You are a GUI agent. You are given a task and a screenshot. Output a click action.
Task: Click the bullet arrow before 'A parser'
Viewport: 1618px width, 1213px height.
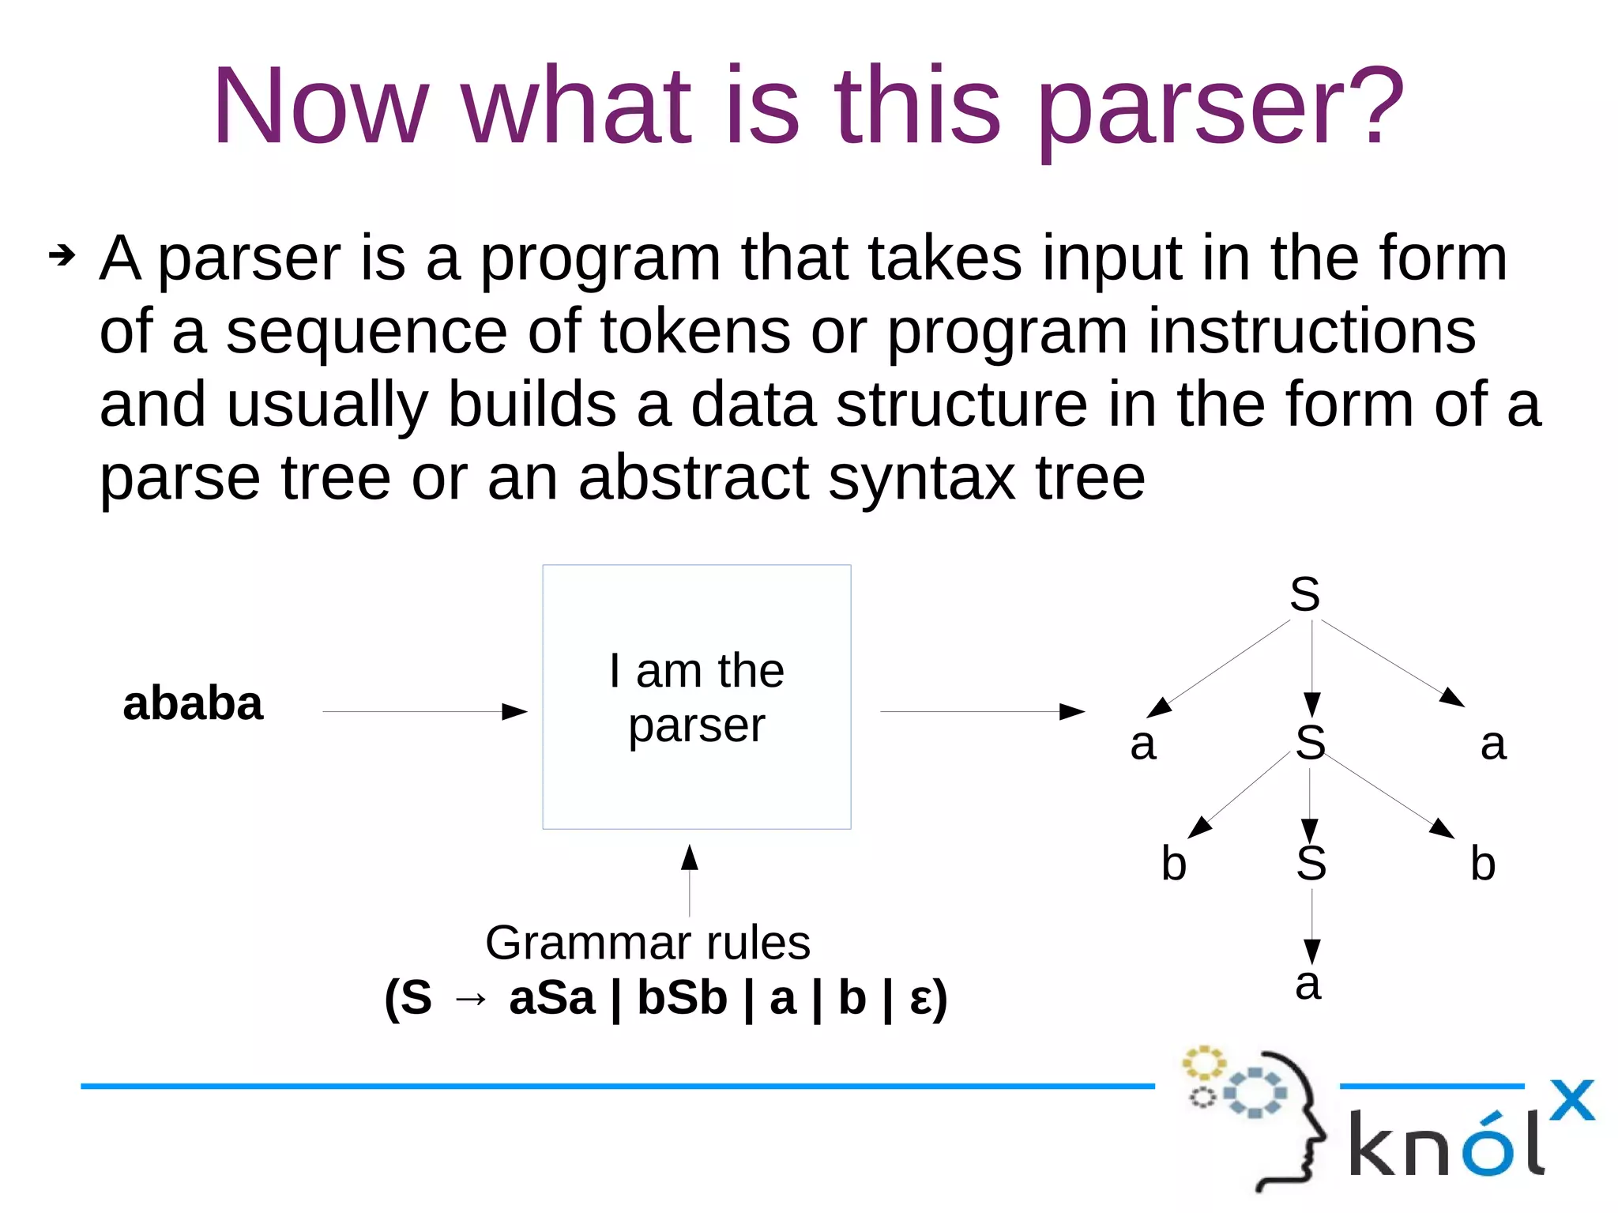(62, 255)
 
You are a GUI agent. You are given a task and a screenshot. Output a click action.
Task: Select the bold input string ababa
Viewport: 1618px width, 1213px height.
(192, 703)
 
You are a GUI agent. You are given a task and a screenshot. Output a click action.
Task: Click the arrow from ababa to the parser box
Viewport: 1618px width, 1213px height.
(425, 711)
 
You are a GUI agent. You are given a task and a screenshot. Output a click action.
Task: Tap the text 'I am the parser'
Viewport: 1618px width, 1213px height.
(696, 697)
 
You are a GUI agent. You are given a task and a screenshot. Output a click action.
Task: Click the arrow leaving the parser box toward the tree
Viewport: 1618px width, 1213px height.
(982, 711)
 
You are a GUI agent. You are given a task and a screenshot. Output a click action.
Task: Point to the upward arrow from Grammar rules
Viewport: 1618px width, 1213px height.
(690, 879)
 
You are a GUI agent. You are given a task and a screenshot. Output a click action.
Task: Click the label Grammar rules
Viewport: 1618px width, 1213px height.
(648, 942)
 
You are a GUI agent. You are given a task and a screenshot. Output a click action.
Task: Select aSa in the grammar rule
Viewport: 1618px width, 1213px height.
(551, 997)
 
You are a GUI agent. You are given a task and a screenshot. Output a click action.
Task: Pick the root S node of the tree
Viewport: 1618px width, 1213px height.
(1304, 594)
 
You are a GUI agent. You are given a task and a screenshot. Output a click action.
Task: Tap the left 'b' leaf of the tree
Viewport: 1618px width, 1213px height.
(1174, 863)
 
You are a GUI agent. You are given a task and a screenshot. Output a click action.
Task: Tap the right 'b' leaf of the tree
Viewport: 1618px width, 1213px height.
(1483, 863)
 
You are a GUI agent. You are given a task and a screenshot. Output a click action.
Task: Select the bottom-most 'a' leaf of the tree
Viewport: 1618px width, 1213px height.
(1308, 985)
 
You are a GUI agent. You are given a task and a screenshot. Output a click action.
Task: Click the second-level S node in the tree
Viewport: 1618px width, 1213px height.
(1310, 743)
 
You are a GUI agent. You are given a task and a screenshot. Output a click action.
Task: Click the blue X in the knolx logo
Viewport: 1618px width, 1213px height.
(1571, 1100)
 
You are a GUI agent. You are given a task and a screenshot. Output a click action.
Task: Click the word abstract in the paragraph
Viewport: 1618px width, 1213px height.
(694, 478)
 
